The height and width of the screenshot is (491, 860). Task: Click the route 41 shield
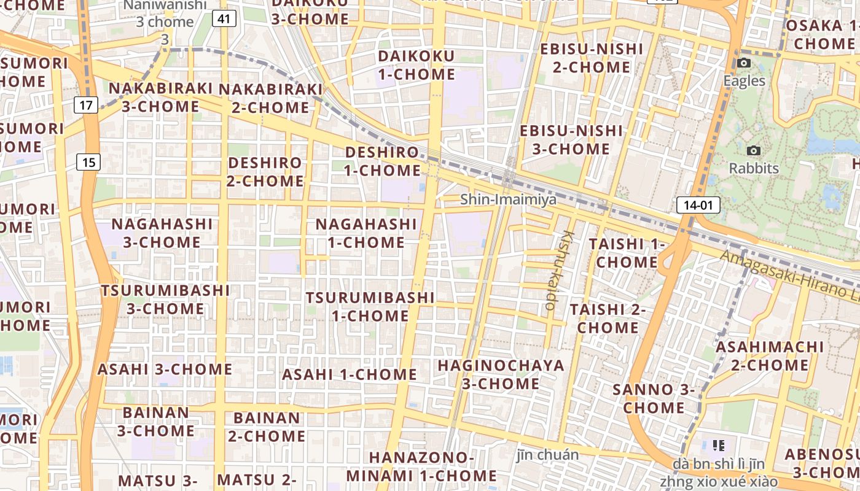tap(224, 19)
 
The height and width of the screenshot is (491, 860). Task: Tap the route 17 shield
tap(86, 105)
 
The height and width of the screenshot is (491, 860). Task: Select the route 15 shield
tap(89, 162)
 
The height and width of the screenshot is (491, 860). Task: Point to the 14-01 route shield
tap(698, 205)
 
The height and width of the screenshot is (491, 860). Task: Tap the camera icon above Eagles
tap(744, 63)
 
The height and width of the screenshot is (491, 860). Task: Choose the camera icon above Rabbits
tap(753, 150)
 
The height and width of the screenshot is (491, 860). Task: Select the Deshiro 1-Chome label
tap(382, 161)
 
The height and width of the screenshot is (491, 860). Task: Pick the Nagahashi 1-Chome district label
tap(366, 233)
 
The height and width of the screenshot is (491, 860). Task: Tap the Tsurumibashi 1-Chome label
tap(370, 307)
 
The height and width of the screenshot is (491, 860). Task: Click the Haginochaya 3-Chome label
tap(501, 374)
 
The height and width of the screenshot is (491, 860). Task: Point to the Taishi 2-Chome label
tap(608, 319)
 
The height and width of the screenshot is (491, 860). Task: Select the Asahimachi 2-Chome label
tap(770, 356)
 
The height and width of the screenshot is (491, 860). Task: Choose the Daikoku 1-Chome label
tap(416, 65)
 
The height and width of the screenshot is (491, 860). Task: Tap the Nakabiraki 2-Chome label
tap(270, 98)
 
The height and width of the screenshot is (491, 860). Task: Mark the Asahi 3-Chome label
tap(165, 369)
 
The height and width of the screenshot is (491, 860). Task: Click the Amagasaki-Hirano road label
tap(792, 276)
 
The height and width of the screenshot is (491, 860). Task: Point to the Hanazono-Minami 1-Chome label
tap(421, 466)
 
